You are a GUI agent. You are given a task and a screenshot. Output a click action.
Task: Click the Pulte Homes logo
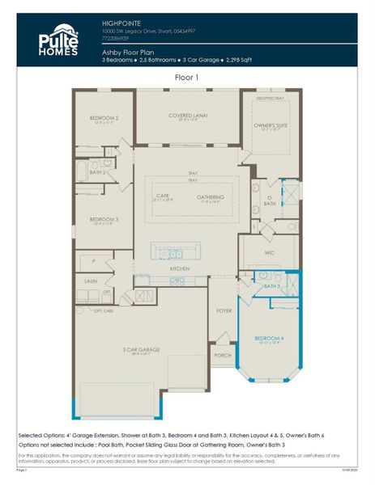click(59, 40)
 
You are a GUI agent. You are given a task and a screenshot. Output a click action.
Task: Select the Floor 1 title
click(186, 78)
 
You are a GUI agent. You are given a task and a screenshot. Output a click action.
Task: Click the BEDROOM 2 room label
click(104, 120)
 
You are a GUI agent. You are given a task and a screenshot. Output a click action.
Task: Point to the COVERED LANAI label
click(188, 116)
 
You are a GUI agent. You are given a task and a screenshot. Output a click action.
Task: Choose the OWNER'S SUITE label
click(271, 125)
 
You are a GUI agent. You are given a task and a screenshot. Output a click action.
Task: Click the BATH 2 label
click(98, 172)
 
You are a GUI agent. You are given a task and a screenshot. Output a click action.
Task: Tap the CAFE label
click(162, 196)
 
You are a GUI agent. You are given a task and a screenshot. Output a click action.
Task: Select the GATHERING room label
click(210, 196)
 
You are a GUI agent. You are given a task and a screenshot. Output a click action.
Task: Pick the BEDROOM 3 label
click(104, 219)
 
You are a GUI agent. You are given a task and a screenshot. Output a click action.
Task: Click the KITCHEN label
click(179, 268)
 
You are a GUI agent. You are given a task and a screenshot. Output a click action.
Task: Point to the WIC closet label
click(270, 252)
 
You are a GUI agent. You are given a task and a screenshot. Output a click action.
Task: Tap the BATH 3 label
click(271, 286)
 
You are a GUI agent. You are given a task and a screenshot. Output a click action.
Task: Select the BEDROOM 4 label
click(269, 338)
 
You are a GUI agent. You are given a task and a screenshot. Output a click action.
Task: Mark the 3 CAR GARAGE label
click(141, 349)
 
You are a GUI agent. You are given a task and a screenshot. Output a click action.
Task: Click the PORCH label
click(223, 355)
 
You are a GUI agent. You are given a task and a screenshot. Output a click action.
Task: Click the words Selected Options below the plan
click(45, 435)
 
